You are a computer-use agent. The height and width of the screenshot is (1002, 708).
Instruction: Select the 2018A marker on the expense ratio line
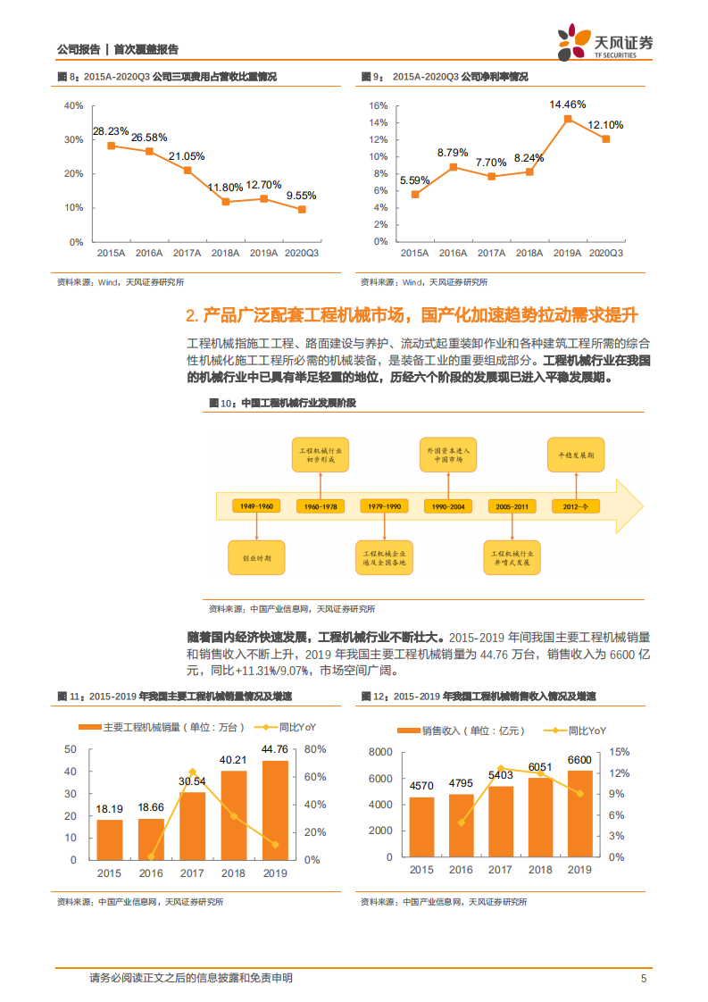tap(226, 202)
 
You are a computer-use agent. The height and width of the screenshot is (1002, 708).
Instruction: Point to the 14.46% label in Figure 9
tap(568, 104)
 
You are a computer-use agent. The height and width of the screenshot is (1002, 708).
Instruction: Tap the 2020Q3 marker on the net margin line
tap(606, 138)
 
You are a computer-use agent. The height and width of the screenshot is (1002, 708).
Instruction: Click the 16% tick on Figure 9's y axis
tap(378, 105)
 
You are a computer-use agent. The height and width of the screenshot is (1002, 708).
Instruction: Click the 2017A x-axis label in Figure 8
tap(187, 254)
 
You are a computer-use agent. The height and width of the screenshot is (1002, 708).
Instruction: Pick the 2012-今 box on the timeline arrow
tap(577, 506)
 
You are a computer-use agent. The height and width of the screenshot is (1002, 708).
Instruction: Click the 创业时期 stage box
tap(257, 557)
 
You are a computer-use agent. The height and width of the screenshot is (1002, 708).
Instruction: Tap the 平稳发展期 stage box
tap(577, 455)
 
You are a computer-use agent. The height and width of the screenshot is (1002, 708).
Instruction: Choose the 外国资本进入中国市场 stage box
tap(448, 455)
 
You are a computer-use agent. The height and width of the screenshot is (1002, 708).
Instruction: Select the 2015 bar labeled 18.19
tap(110, 839)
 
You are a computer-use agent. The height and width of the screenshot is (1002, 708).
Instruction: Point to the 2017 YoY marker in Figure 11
tap(192, 772)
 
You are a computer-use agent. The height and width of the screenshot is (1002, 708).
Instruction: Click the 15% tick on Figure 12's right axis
tap(621, 752)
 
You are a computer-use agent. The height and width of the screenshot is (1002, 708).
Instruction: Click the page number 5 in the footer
tap(643, 979)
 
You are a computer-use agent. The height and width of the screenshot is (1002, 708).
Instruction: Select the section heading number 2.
tap(191, 316)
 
